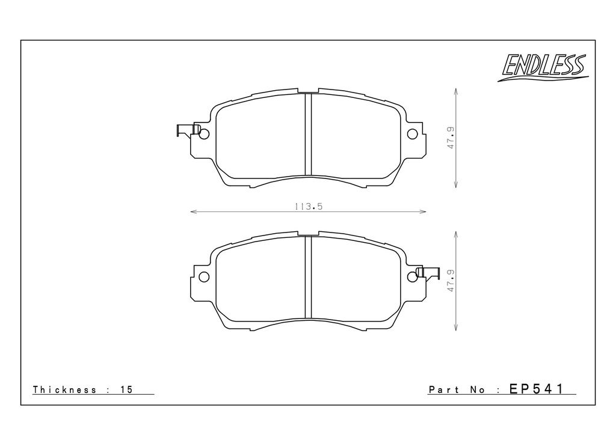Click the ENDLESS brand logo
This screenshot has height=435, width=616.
click(x=543, y=67)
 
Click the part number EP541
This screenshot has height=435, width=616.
click(x=537, y=389)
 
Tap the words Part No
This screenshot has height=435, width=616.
click(x=457, y=390)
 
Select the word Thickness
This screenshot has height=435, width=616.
click(x=64, y=390)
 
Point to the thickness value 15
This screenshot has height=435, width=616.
click(x=126, y=390)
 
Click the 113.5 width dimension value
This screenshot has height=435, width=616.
click(x=309, y=206)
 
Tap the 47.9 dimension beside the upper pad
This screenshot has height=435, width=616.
click(x=451, y=138)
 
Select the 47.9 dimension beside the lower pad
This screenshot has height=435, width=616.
click(x=451, y=281)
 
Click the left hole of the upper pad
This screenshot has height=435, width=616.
click(x=204, y=134)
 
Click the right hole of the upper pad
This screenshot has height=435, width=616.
click(x=412, y=134)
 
